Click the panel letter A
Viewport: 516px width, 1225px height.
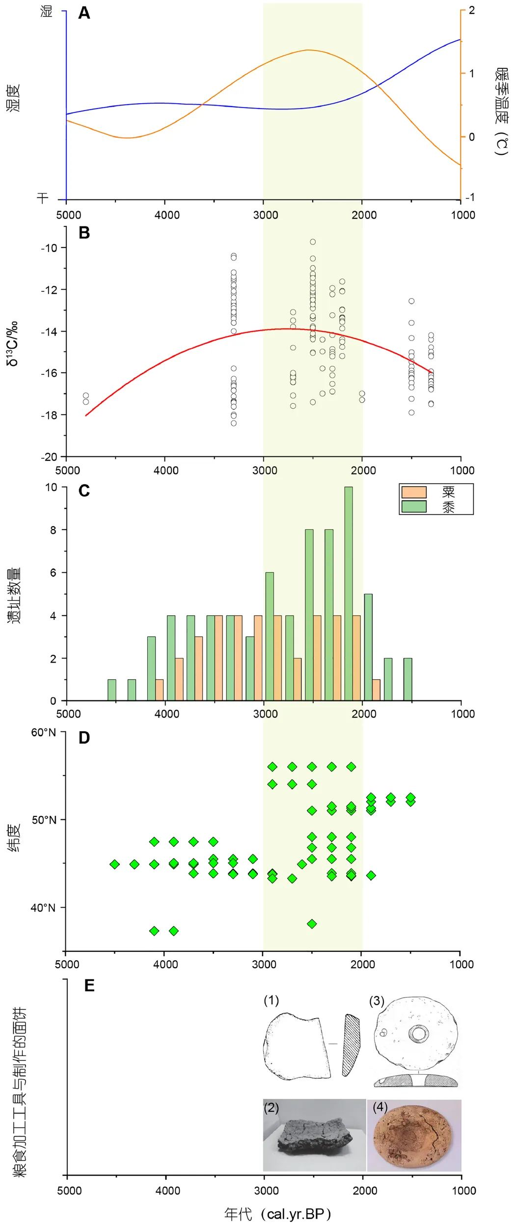point(84,13)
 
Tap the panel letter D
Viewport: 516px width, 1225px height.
point(84,738)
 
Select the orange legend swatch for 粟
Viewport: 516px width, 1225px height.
point(413,492)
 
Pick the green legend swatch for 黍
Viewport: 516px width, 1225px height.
point(413,506)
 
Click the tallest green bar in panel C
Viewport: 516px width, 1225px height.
point(349,593)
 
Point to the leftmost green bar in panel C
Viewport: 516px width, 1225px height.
point(112,690)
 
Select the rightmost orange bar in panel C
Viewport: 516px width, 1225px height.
point(376,690)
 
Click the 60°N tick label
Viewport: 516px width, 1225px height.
point(44,732)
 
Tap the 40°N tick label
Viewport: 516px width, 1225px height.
point(43,908)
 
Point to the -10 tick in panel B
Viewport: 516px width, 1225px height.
point(49,248)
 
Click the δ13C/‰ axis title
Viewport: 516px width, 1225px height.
point(13,344)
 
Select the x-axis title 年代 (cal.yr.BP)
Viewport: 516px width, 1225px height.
point(277,1210)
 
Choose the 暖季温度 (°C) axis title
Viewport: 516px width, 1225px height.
point(501,111)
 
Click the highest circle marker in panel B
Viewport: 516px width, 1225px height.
point(313,242)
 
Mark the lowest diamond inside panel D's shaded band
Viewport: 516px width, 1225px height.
point(312,924)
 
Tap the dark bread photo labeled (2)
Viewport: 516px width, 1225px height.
point(314,1135)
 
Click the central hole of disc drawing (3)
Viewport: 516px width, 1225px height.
point(419,1033)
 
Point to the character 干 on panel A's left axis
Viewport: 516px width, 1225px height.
point(43,197)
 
